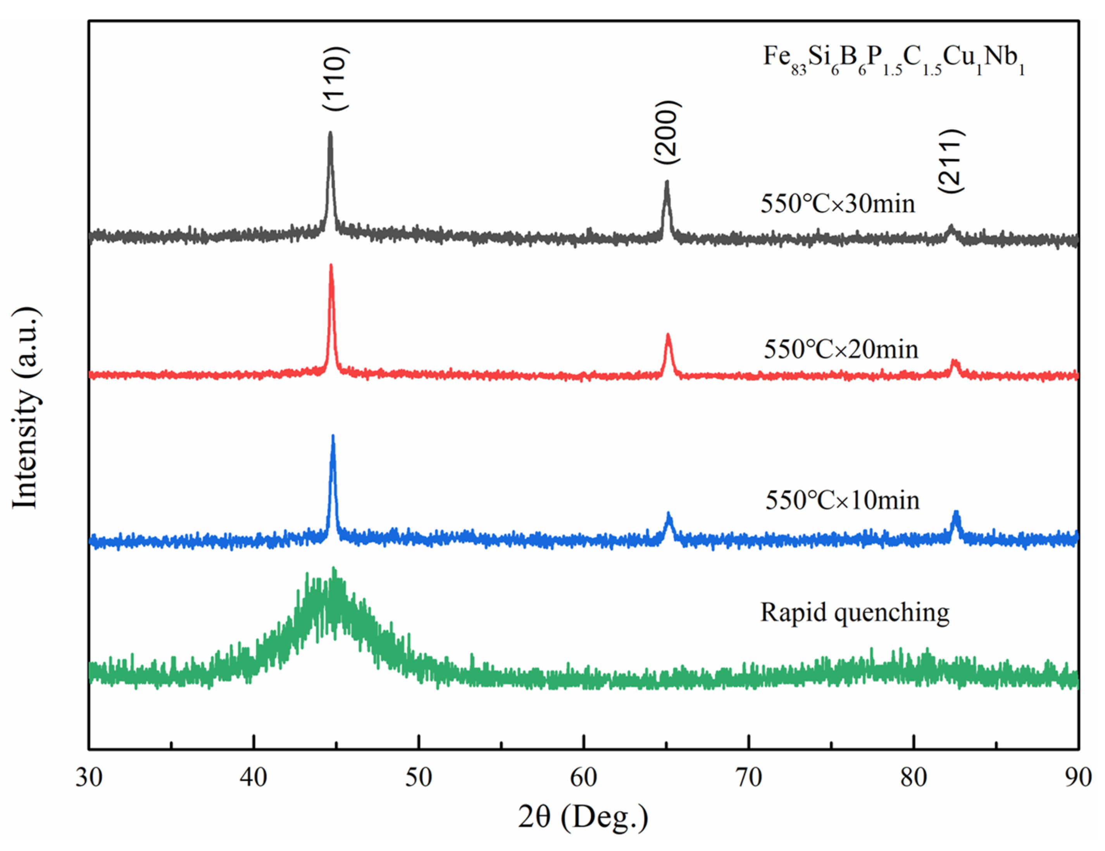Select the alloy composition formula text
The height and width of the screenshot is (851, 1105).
click(893, 59)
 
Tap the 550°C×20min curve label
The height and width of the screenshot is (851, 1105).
click(840, 349)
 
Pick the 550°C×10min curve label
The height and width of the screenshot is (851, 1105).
click(842, 500)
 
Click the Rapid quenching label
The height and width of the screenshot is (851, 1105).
click(855, 612)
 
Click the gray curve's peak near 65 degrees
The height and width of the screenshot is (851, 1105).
click(666, 182)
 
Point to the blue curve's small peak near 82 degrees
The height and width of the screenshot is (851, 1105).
click(956, 513)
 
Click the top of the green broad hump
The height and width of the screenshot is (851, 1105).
click(333, 570)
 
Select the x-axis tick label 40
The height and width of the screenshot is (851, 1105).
click(253, 777)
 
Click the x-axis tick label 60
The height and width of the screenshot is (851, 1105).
click(583, 777)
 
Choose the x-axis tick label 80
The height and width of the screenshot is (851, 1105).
click(913, 777)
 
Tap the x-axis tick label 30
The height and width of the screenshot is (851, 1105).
click(89, 777)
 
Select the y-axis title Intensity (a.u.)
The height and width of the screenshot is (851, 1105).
click(25, 407)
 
